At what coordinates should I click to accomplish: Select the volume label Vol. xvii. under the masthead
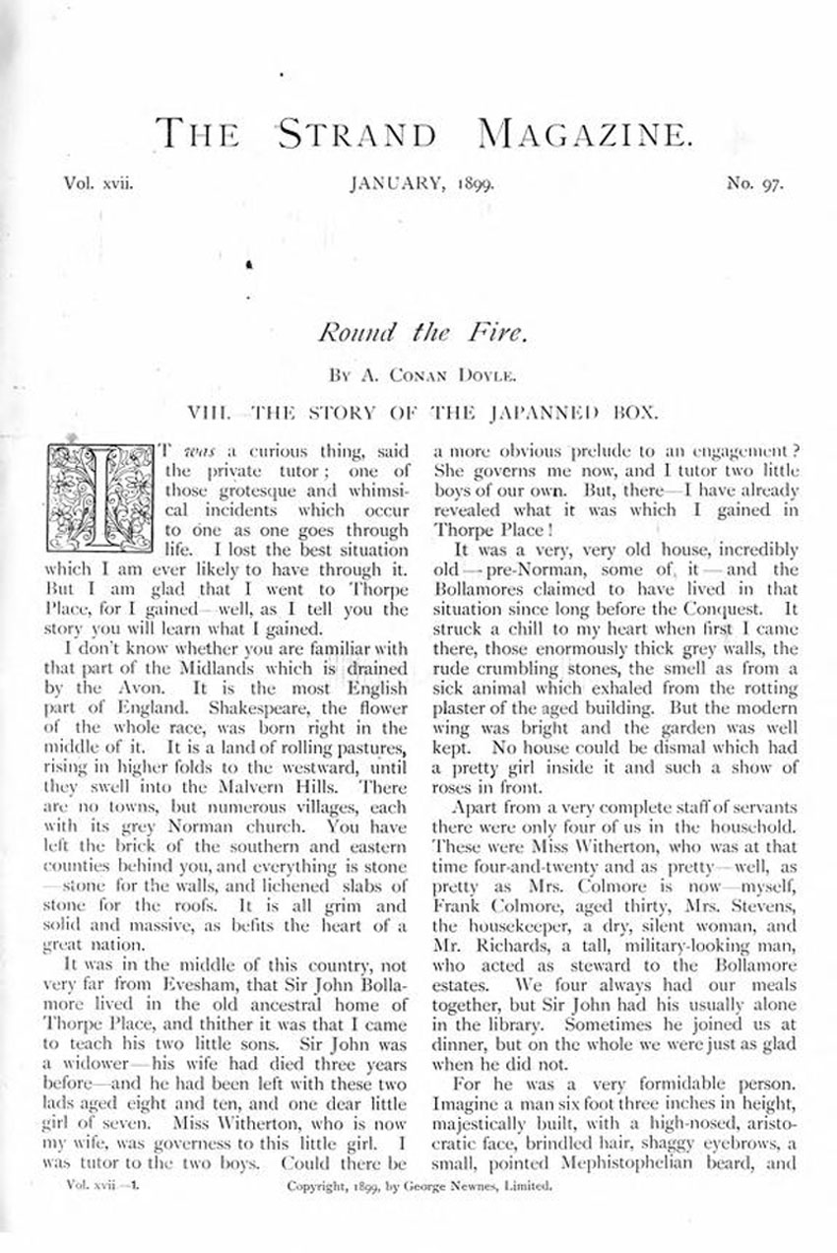pyautogui.click(x=97, y=183)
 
